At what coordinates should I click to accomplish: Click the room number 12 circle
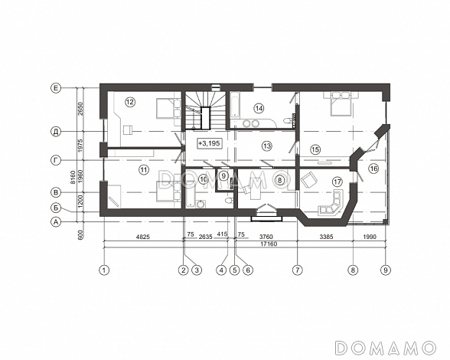(130, 102)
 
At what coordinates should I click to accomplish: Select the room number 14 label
(259, 108)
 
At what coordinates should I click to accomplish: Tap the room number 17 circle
(337, 182)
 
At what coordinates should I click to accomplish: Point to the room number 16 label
(374, 169)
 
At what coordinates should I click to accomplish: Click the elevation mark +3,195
(210, 143)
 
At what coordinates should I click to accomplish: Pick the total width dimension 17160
(269, 244)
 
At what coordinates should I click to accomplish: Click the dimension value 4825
(143, 237)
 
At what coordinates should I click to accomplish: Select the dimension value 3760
(266, 237)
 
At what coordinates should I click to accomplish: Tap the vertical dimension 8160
(73, 177)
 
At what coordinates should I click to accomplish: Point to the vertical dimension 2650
(80, 109)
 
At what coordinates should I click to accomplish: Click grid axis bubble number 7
(297, 270)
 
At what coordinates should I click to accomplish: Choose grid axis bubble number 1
(104, 270)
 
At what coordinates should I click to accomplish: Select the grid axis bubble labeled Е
(56, 88)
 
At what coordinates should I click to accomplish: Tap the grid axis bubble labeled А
(56, 221)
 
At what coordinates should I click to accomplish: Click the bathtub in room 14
(235, 105)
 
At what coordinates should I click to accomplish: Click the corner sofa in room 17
(331, 204)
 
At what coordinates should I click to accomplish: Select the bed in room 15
(341, 103)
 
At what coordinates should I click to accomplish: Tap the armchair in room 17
(309, 179)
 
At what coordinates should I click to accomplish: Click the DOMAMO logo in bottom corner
(386, 348)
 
